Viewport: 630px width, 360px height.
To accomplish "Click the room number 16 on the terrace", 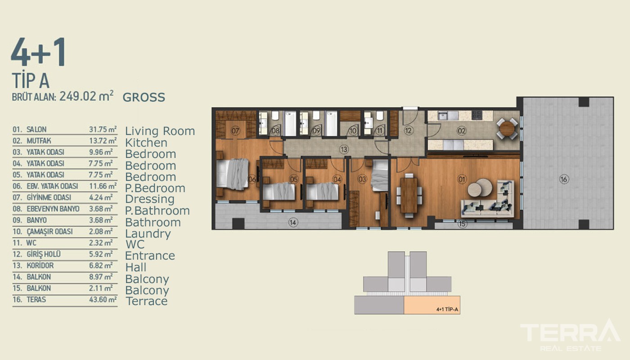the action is [x=564, y=179].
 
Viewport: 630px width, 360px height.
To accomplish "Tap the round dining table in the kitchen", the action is [x=507, y=129].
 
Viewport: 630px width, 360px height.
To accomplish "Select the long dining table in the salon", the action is [x=409, y=195].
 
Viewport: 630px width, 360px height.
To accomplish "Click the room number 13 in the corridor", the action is [x=344, y=149].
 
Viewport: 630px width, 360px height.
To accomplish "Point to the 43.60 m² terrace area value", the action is [x=103, y=299].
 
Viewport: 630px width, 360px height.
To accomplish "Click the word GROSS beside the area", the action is [x=144, y=97].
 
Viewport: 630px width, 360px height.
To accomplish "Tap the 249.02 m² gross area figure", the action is [x=86, y=96].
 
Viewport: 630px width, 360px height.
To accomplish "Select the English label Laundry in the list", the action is [x=148, y=234].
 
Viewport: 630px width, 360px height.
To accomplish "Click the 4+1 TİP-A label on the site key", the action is [x=447, y=310].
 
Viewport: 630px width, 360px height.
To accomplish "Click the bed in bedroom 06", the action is [x=232, y=174].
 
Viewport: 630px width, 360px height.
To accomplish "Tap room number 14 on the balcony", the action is [x=293, y=222].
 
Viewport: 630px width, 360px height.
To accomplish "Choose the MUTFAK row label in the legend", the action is [x=39, y=140].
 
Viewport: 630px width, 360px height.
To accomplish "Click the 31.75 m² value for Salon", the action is [x=103, y=130].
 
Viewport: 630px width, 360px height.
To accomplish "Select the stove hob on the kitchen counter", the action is [x=477, y=115].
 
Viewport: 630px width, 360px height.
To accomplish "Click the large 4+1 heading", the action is [x=39, y=52].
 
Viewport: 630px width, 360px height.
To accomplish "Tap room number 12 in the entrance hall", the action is [x=408, y=130].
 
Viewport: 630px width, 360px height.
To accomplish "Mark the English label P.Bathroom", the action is [x=157, y=211].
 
